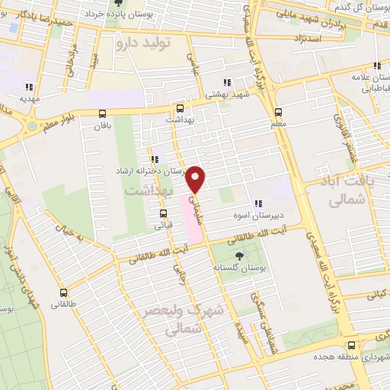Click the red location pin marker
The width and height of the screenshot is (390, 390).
pos(197,178)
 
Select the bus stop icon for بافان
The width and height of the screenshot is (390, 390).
pos(103,113)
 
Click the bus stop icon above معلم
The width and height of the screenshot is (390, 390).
pos(278,110)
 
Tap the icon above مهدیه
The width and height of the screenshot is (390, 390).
pos(29,86)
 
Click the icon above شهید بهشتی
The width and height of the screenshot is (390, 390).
pos(226,82)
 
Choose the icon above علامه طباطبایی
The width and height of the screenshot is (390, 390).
pos(376,66)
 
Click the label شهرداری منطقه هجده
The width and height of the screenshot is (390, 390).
pos(346,356)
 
